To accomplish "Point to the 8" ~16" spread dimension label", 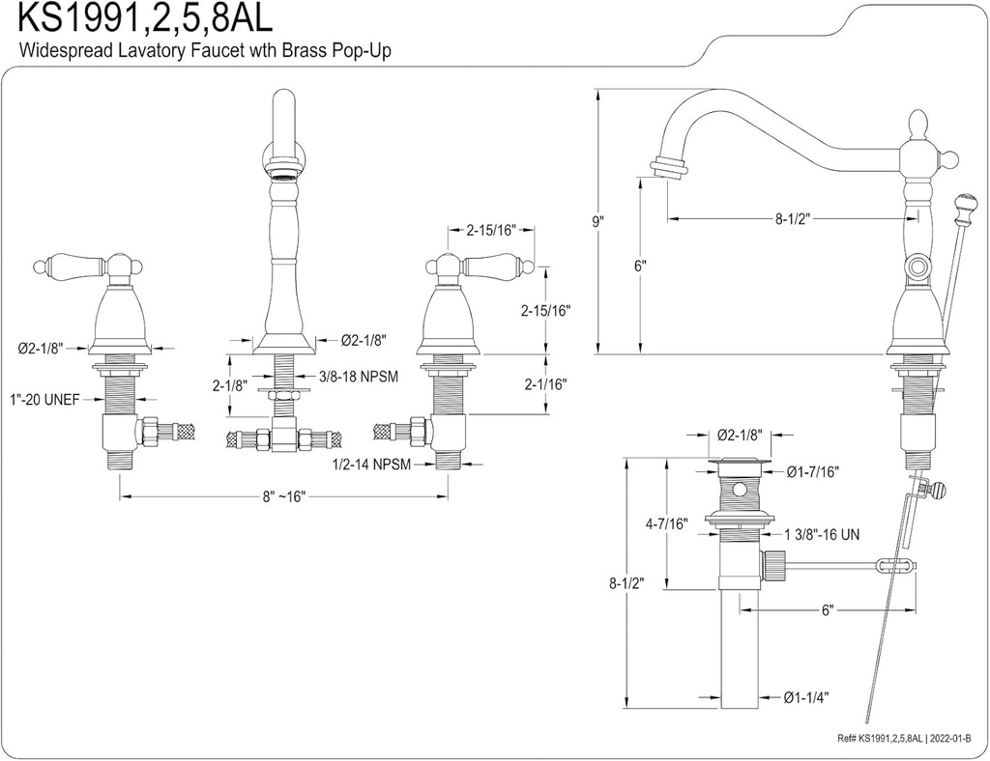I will click(x=282, y=496).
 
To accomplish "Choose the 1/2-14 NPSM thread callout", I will click(x=371, y=465).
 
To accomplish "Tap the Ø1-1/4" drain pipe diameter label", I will click(x=806, y=696).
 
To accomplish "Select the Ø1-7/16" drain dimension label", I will click(x=812, y=471).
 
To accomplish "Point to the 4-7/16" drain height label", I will click(x=666, y=524).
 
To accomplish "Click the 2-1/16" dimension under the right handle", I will click(x=543, y=384).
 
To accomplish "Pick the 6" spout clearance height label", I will click(x=640, y=267).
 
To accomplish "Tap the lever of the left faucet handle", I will click(x=70, y=264).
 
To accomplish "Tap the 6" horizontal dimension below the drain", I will click(x=828, y=610).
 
